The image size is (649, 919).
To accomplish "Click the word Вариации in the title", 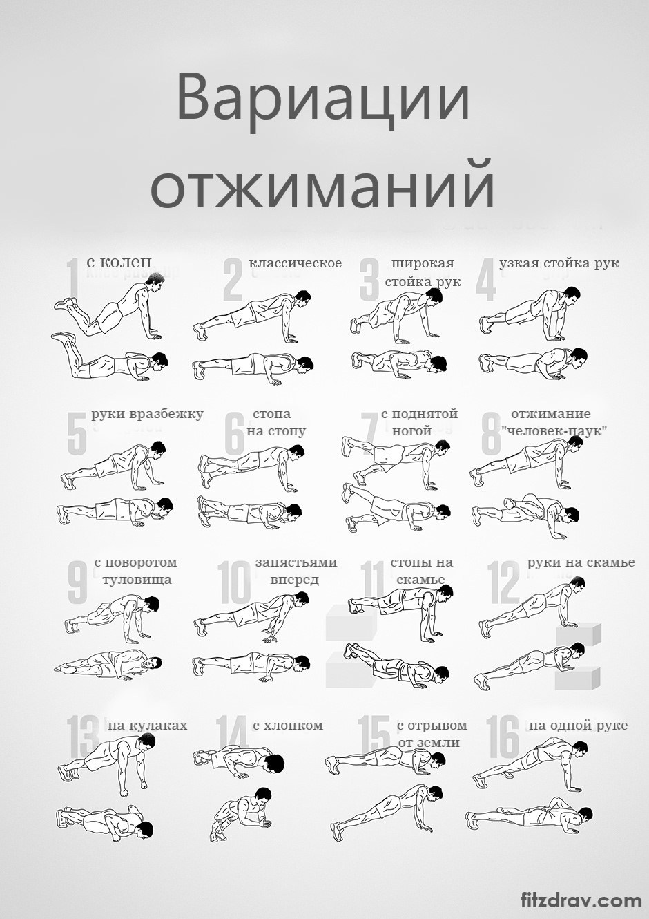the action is point(323,102).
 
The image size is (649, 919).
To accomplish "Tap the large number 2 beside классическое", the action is point(233,281).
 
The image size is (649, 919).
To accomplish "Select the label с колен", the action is point(119,262).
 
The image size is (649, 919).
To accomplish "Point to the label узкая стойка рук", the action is point(559,263).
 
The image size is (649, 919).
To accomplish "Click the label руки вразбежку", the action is point(147,415).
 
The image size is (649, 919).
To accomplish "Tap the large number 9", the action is point(77,582).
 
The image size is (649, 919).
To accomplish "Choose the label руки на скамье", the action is point(581,562).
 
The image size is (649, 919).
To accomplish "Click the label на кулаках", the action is point(148,726).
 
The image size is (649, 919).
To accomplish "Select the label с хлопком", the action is point(288,726).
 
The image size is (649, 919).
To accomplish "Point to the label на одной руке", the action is point(579,726).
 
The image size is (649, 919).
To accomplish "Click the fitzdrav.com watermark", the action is point(581,900).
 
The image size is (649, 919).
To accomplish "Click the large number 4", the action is point(486,281).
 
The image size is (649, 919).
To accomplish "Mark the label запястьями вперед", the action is point(296,571).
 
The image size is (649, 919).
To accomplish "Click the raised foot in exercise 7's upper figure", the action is point(348,446).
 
